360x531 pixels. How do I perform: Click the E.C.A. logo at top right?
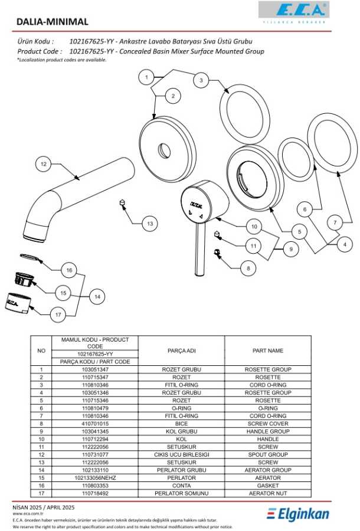(x=293, y=11)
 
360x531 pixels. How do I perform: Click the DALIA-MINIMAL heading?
(x=53, y=22)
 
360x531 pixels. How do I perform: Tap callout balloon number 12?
(x=42, y=164)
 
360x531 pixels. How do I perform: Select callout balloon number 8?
(x=248, y=268)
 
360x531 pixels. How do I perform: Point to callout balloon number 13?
(x=150, y=224)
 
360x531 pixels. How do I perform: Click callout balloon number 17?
(x=58, y=314)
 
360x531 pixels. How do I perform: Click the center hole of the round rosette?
(x=162, y=149)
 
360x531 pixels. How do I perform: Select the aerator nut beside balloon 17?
(x=18, y=303)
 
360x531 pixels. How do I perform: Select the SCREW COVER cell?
(x=268, y=424)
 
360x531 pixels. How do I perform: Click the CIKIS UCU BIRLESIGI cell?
(x=182, y=454)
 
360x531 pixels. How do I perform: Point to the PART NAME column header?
(x=268, y=350)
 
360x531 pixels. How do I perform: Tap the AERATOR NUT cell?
(x=268, y=493)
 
